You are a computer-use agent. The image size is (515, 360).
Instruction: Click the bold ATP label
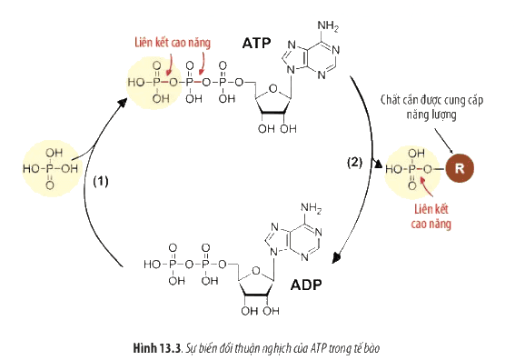(256, 43)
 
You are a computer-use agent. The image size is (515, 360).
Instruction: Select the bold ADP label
(306, 285)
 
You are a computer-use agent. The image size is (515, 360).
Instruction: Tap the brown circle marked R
(460, 168)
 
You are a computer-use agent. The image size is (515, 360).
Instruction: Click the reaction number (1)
(101, 181)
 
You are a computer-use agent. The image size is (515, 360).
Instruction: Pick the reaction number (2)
(355, 162)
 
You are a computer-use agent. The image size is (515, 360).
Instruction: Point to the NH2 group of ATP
(328, 26)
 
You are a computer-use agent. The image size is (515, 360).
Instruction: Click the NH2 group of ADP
(311, 208)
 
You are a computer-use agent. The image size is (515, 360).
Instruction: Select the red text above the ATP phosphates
(173, 43)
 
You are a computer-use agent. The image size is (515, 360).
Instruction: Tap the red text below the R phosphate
(431, 216)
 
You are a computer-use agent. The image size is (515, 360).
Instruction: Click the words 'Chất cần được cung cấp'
(431, 100)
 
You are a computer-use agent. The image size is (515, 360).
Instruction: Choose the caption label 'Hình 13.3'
(157, 348)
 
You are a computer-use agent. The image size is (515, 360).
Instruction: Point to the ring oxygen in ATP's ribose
(272, 89)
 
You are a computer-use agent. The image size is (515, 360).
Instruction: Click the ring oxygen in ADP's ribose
(256, 271)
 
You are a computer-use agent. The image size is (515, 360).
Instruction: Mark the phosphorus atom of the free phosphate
(50, 169)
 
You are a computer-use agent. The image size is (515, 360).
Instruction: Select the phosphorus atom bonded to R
(411, 169)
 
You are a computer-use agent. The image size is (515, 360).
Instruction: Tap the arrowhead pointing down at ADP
(336, 257)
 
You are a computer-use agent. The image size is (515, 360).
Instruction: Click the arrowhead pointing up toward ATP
(123, 102)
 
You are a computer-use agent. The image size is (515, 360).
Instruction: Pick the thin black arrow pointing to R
(444, 141)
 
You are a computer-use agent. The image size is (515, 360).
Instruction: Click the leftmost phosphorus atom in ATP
(156, 82)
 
